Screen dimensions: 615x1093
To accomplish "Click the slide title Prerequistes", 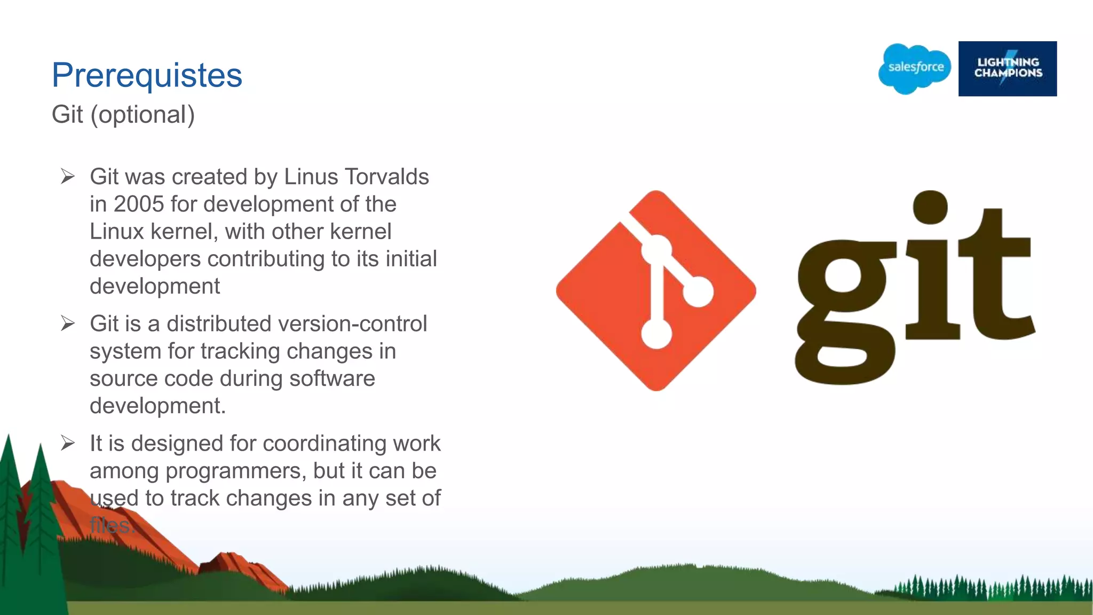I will coord(147,75).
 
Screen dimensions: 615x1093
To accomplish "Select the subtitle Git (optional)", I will coord(123,115).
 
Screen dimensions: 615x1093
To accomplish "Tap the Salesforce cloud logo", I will coord(915,68).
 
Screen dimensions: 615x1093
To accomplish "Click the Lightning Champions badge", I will coord(1007,68).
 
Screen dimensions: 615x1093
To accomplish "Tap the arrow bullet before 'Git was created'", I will coord(68,176).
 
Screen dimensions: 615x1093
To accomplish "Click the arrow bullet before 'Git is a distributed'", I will coord(68,323).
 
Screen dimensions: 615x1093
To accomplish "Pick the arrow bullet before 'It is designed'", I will coord(68,443).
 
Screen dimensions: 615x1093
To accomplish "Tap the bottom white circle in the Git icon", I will coord(656,335).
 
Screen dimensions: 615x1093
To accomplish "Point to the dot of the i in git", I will coord(930,207).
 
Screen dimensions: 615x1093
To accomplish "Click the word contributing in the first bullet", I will coord(266,259).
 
